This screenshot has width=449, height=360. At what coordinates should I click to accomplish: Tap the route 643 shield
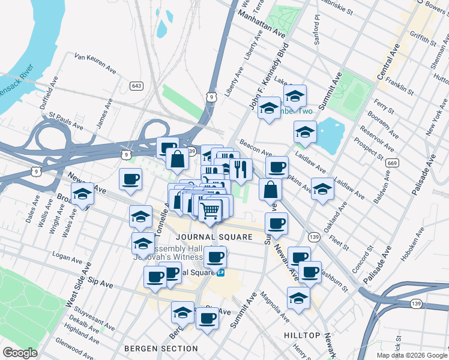pyautogui.click(x=137, y=86)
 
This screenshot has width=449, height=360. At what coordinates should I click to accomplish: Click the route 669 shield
pyautogui.click(x=392, y=163)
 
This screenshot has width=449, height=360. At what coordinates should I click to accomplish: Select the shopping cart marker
pyautogui.click(x=210, y=211)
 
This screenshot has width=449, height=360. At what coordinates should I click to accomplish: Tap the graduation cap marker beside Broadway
pyautogui.click(x=83, y=194)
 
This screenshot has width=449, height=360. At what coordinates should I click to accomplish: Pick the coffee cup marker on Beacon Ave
pyautogui.click(x=277, y=167)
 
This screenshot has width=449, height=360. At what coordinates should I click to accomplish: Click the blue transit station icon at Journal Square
pyautogui.click(x=221, y=272)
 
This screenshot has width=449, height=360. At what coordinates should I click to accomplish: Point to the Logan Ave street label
pyautogui.click(x=67, y=254)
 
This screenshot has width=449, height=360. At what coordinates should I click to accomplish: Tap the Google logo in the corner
pyautogui.click(x=20, y=353)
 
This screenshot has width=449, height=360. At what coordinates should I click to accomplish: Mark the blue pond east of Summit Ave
pyautogui.click(x=330, y=136)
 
